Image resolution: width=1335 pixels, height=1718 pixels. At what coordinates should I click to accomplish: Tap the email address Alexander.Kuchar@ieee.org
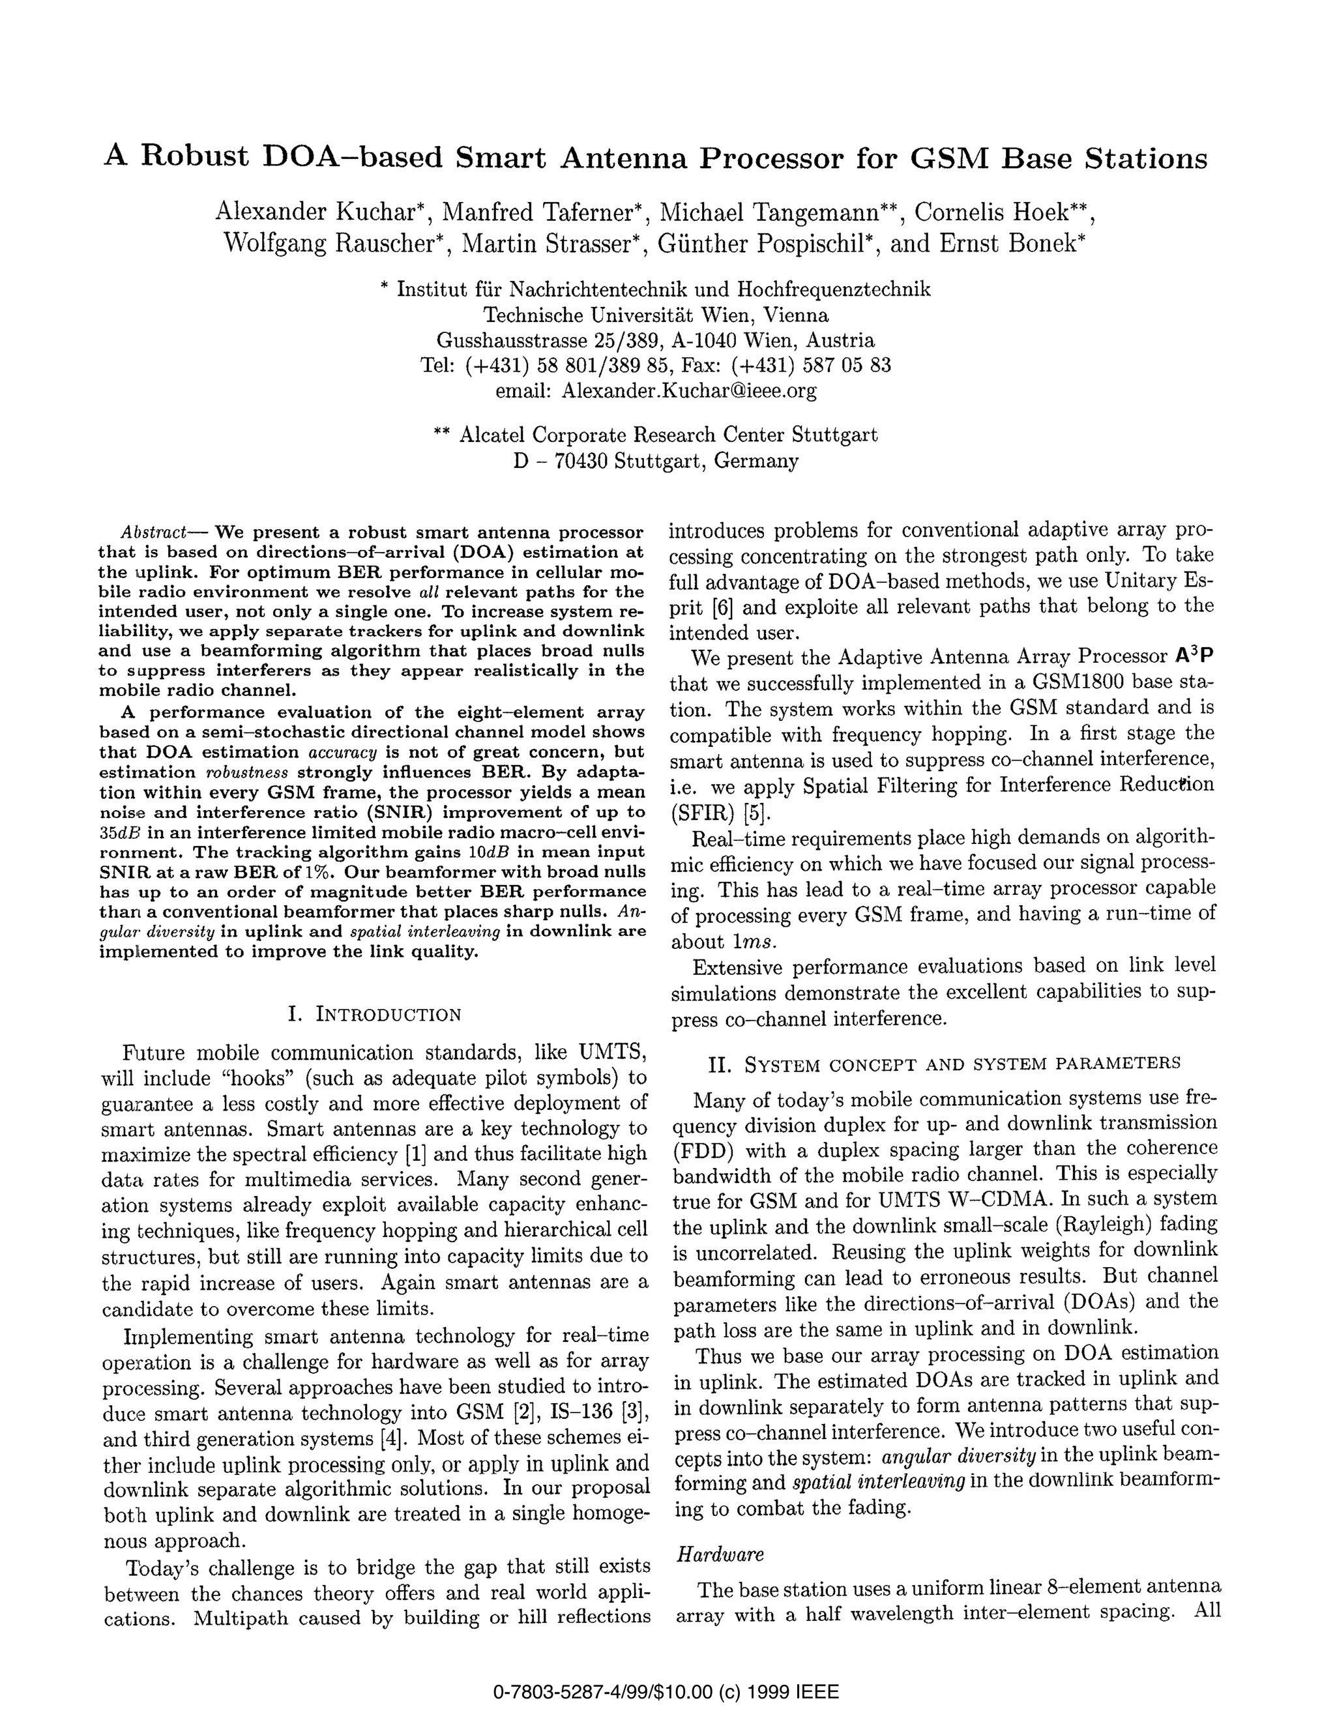(x=688, y=391)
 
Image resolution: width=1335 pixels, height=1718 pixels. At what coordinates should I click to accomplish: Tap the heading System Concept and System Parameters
(x=944, y=1064)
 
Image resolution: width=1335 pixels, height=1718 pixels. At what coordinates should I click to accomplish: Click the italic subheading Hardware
(x=720, y=1554)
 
